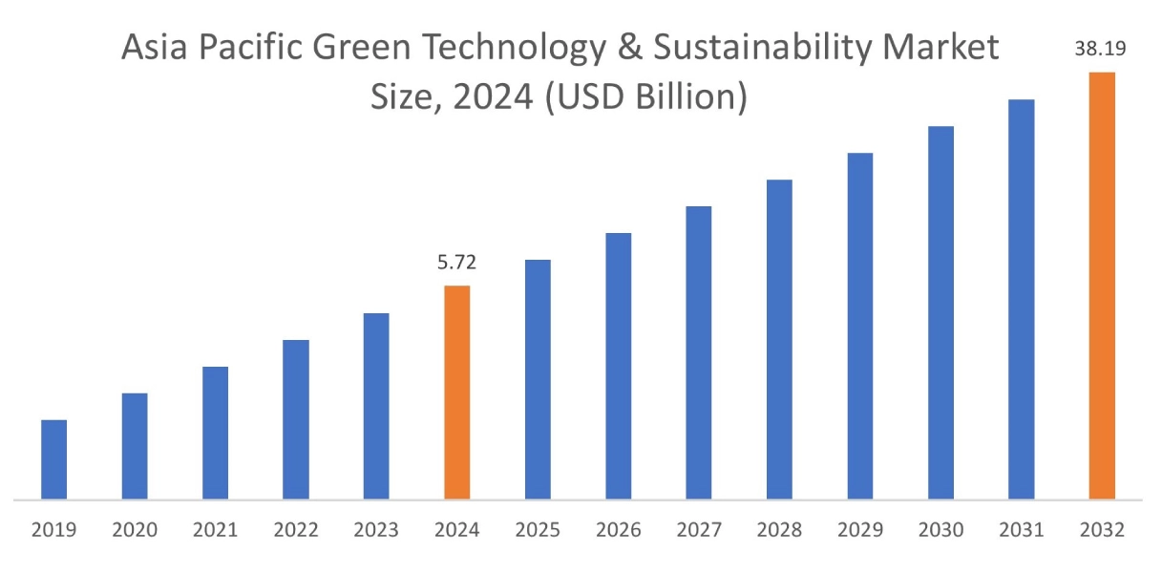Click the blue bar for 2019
coord(53,459)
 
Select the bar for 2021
coord(215,433)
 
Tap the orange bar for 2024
coord(457,393)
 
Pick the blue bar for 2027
coord(699,352)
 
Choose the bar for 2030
coord(940,312)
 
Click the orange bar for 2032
coord(1102,286)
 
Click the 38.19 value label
coord(1100,49)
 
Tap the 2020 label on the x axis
coord(135,529)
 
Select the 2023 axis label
coord(376,529)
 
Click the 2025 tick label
coord(538,529)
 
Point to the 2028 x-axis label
coord(779,529)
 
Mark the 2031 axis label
coord(1021,529)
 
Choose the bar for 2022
coord(296,419)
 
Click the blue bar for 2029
coord(860,326)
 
